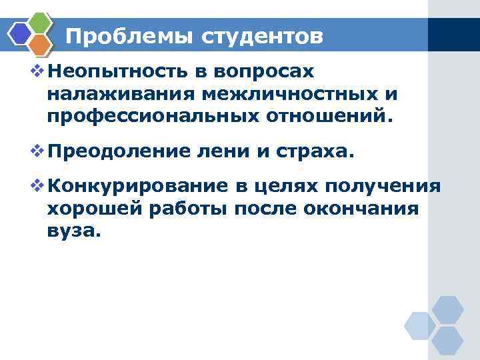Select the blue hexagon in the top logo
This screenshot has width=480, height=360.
coord(21,33)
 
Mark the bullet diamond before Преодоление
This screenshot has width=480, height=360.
coord(37,153)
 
